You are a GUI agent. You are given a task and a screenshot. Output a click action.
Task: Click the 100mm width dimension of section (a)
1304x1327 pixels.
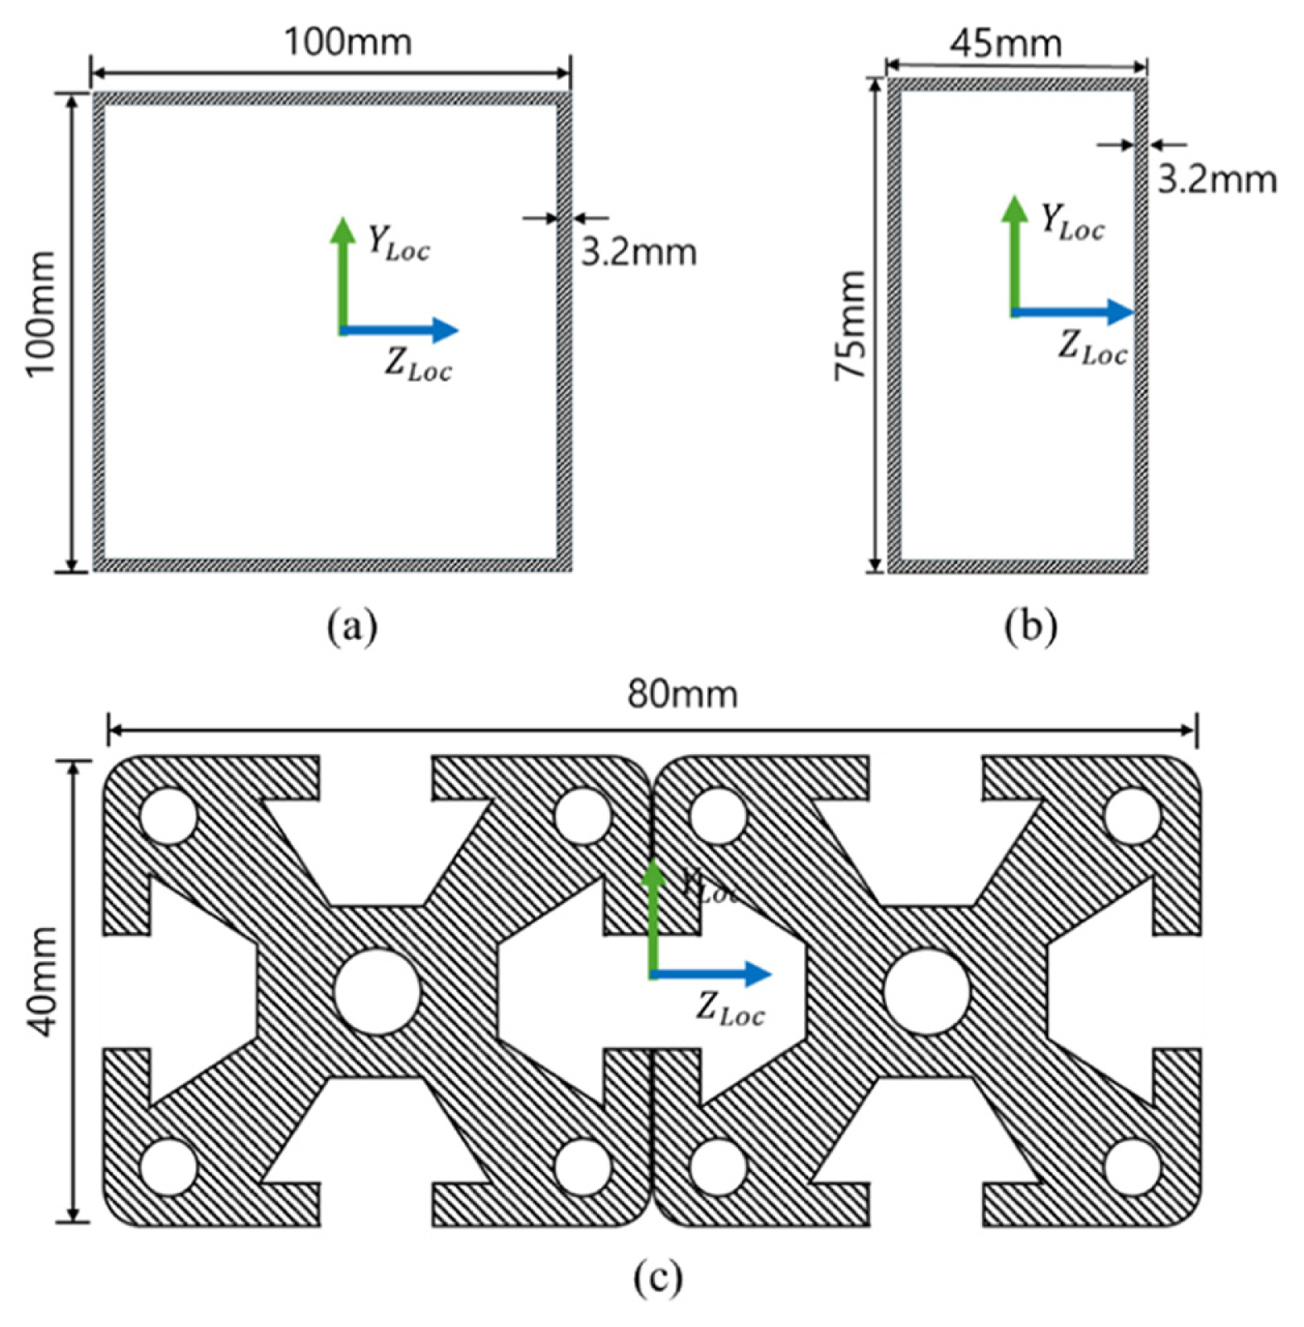(348, 41)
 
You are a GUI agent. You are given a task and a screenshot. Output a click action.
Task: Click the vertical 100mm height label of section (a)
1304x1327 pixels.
(40, 313)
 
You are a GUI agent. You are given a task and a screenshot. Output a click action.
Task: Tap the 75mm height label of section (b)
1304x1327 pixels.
(849, 325)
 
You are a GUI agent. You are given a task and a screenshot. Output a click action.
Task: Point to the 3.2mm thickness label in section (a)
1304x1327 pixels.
(638, 252)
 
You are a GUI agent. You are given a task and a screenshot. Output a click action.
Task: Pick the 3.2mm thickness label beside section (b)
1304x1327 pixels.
(1216, 179)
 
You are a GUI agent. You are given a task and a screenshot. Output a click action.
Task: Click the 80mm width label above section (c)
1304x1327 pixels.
(681, 694)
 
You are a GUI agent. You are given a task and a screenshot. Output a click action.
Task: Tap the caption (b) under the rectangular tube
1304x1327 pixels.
(1030, 627)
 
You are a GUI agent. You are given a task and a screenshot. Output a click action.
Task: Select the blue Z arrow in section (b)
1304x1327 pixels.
(1073, 312)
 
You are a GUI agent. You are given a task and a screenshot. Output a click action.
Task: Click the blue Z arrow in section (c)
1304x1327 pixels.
(712, 974)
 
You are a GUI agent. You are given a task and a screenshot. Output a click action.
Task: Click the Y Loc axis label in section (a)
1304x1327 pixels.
(398, 243)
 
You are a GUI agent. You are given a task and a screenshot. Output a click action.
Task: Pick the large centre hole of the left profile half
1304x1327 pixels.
(377, 991)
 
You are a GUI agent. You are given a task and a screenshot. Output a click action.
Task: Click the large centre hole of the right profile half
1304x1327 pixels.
(926, 991)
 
